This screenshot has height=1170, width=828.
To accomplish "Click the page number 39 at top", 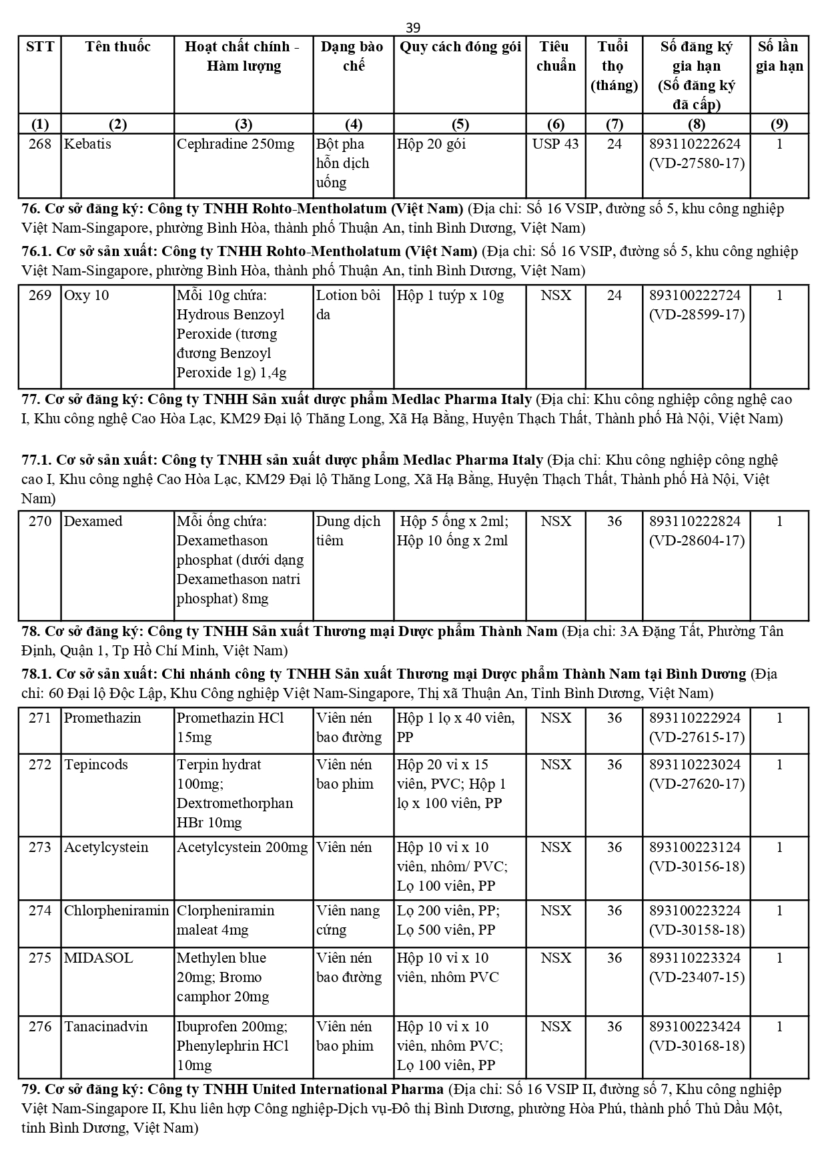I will [413, 27].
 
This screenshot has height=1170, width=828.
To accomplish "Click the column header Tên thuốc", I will [117, 47].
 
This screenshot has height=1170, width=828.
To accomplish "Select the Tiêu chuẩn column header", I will [555, 56].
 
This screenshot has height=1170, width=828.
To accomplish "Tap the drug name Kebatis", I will [87, 144].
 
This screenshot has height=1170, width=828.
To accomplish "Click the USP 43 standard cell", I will [555, 144].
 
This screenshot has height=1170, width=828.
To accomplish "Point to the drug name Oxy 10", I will [86, 295].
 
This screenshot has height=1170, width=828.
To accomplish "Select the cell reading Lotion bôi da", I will [348, 305].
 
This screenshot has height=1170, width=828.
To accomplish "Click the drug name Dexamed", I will [93, 521].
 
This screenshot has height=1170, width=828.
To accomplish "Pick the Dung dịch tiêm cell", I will [348, 531].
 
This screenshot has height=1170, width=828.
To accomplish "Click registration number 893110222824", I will [695, 521].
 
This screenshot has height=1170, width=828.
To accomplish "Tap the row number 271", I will [40, 718].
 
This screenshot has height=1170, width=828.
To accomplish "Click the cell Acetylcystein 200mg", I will [242, 847].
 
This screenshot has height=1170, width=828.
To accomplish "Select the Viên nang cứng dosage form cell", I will [348, 920].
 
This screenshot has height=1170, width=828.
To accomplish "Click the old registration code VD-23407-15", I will [697, 977].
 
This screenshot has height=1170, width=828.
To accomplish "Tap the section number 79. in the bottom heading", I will [31, 1089].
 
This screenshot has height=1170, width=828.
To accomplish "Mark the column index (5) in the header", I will [460, 124].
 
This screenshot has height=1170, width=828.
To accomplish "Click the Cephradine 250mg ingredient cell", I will [235, 144].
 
